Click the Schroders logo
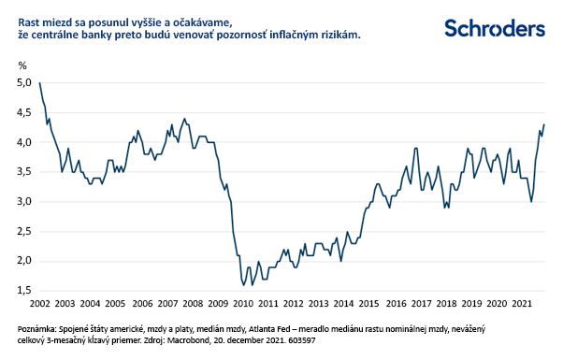(x=493, y=27)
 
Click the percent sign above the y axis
(x=22, y=65)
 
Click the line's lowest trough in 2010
(x=244, y=284)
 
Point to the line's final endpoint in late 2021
(x=544, y=125)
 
